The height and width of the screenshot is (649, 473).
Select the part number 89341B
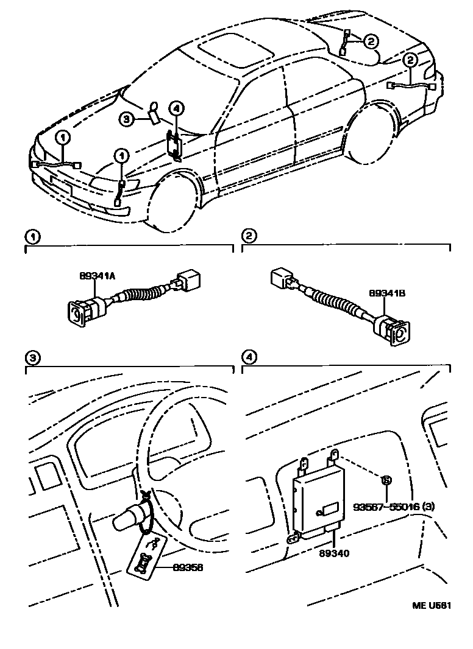tap(387, 293)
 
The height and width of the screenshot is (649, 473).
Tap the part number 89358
tap(187, 567)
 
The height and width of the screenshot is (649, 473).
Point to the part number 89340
tap(333, 553)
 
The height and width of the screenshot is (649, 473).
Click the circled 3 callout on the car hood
tap(126, 119)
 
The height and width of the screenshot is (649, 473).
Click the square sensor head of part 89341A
tap(78, 312)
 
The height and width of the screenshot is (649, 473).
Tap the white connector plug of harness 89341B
tap(282, 279)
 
